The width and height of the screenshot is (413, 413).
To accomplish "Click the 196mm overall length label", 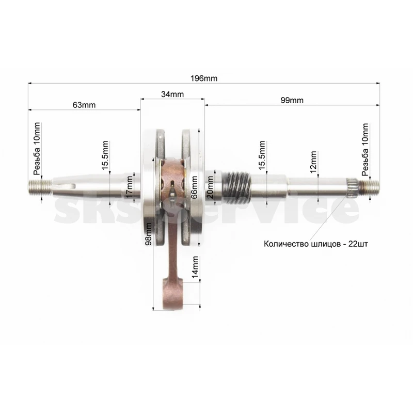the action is coord(204,78).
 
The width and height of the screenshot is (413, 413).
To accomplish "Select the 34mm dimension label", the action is coord(172,94).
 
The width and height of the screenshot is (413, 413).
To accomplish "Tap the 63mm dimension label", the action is coord(84,105).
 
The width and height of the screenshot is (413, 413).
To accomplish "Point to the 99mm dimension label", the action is coord(292,100).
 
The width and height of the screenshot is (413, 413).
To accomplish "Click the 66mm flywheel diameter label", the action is coord(194,187).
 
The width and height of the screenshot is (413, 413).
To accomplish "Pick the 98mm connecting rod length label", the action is coord(149,234).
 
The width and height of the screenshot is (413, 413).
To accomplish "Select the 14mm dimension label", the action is coord(195,267).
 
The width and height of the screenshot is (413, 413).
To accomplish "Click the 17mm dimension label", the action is coord(130,187).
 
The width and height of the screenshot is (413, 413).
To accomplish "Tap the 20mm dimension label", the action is coord(210,187).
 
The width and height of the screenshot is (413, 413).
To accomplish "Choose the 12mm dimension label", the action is coord(313,162).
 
